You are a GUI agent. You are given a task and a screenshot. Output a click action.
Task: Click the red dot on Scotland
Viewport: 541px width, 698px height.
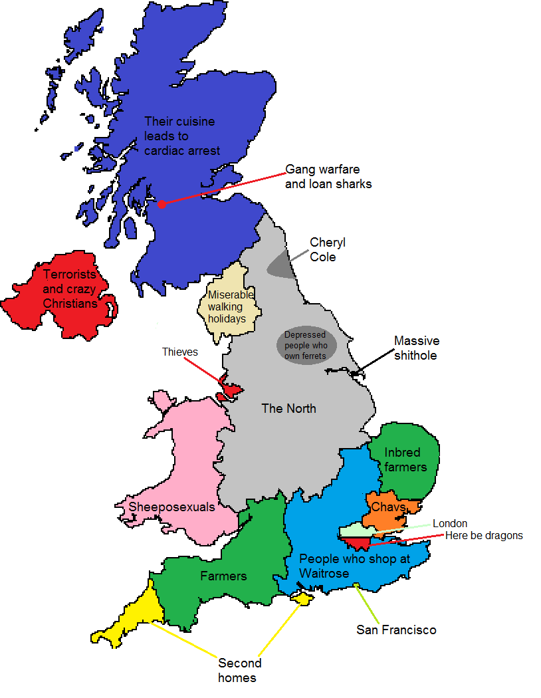point(162,203)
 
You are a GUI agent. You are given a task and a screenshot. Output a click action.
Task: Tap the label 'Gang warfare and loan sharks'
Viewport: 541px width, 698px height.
point(328,176)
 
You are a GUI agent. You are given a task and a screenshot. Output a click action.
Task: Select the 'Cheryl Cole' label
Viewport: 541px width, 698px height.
point(328,249)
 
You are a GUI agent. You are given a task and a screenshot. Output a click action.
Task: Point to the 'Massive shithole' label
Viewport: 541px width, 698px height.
point(416,348)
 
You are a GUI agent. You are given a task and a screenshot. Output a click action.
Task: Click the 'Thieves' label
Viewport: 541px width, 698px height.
point(180,352)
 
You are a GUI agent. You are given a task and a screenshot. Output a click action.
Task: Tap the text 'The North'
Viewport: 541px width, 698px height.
point(288,408)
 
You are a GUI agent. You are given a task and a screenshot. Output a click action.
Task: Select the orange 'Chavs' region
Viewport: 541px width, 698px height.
point(389,508)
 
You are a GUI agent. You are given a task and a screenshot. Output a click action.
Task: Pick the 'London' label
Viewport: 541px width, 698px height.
point(450,524)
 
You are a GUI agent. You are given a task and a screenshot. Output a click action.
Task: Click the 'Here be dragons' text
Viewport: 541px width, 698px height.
point(484,535)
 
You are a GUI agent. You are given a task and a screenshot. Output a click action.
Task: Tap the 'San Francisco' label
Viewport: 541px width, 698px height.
point(396,630)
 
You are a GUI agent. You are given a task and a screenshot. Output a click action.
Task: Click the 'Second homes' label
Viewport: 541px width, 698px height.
point(239,670)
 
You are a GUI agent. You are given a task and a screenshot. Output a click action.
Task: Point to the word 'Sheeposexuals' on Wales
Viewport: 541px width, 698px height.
point(171,507)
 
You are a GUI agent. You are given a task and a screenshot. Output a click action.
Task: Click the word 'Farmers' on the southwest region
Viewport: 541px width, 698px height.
point(223,576)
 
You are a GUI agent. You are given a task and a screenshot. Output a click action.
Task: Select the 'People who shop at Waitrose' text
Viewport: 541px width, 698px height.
point(354,566)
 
